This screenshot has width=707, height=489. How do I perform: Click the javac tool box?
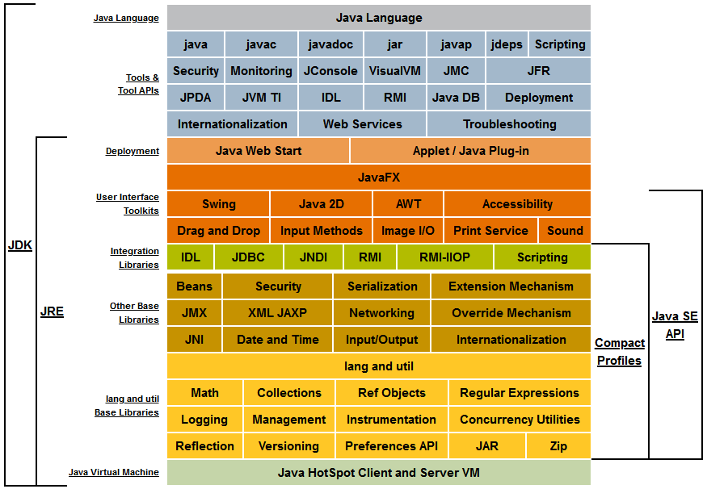click(261, 44)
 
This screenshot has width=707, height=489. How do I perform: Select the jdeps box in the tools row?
click(507, 44)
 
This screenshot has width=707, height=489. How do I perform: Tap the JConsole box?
click(330, 71)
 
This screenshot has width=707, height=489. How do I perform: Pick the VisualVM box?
click(394, 71)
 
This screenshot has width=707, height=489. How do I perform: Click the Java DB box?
click(456, 98)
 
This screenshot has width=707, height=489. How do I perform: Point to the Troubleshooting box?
click(509, 123)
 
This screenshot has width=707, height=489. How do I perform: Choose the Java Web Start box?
click(259, 150)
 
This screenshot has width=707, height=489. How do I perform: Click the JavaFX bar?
click(379, 177)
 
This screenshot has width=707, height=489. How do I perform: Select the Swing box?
click(219, 204)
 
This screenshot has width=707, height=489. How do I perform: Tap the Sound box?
click(565, 231)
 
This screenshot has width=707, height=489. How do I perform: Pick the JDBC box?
click(248, 257)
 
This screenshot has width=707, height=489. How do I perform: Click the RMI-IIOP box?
click(444, 257)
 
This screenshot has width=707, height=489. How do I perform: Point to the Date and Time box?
click(277, 339)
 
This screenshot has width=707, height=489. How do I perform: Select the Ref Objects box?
click(392, 393)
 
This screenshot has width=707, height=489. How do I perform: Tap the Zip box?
click(558, 445)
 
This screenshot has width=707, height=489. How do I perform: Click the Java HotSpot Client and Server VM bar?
click(379, 472)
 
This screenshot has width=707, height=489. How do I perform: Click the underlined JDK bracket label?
click(20, 245)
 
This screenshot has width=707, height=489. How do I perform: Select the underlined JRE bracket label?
click(52, 311)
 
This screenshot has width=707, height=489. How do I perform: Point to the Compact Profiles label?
click(620, 352)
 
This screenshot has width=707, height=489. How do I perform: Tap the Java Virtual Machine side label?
click(114, 472)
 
